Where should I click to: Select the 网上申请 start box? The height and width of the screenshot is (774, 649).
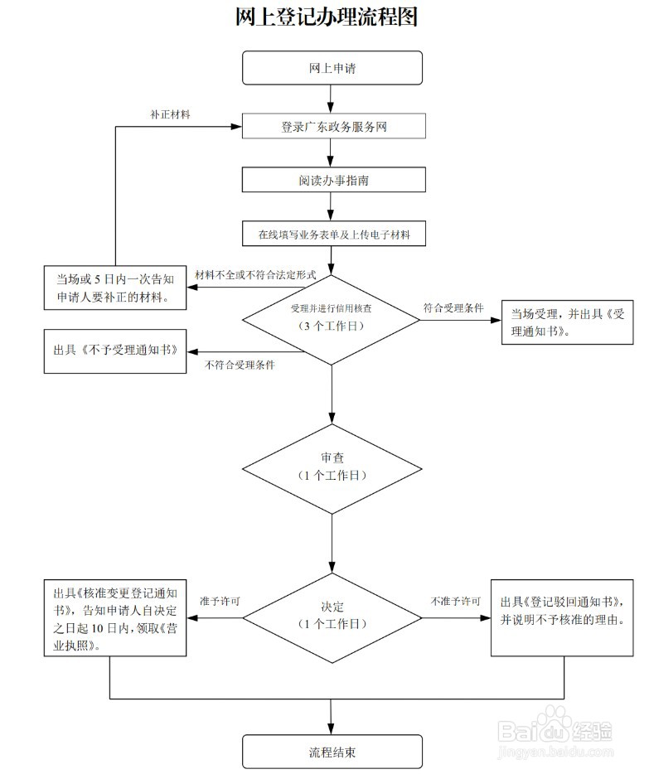332,68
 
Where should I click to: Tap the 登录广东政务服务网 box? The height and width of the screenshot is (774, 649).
332,127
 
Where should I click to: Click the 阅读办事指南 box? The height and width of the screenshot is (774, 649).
332,179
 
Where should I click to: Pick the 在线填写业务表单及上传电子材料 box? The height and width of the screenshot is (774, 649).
332,235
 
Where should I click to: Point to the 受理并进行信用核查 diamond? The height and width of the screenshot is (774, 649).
332,317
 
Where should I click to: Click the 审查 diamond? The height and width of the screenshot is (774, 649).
332,467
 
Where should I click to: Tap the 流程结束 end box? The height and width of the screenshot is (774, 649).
332,752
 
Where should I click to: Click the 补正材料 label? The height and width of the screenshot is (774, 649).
170,115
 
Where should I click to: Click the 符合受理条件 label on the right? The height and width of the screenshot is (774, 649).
453,307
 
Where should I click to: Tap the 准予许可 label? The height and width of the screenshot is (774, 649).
220,600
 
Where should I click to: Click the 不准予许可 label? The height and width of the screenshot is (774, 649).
455,600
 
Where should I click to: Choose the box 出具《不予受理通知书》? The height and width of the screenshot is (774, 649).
114,341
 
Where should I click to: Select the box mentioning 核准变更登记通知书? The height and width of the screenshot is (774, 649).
114,617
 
